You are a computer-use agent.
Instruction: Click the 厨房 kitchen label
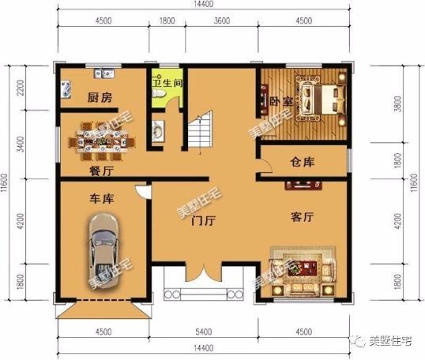click(x=99, y=97)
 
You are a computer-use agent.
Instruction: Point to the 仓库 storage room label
click(x=303, y=163)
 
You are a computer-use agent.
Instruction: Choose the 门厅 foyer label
click(x=205, y=222)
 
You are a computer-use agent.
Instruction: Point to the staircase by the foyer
click(x=199, y=131)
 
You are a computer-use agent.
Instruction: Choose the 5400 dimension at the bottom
click(x=205, y=332)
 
